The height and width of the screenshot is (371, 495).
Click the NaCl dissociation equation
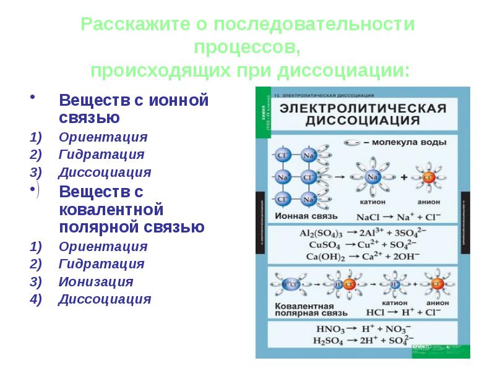click(396, 218)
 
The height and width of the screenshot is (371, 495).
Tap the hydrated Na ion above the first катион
click(372, 177)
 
